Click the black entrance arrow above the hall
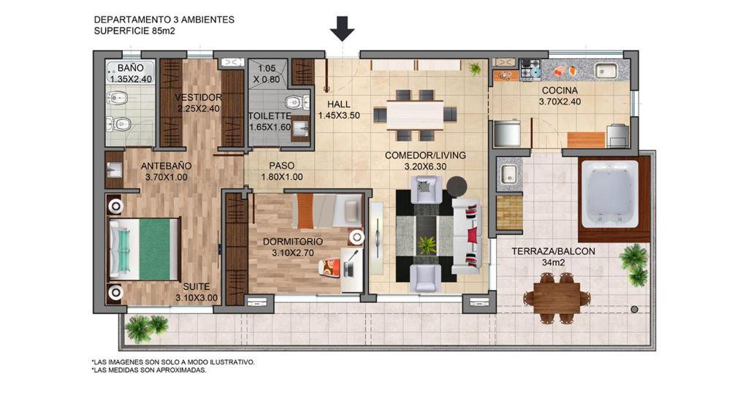pos(342,28)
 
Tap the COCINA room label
pos(560,90)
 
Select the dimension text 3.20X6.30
pos(425,167)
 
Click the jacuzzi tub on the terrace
pos(608,194)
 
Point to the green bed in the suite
pos(143,248)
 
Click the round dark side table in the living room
pos(457,186)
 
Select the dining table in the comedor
pos(415,115)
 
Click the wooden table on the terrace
pos(557,298)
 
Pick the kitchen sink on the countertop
pos(607,71)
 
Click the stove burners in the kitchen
pos(530,69)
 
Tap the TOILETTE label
pos(270,116)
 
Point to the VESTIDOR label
pos(198,97)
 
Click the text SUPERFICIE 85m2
pos(134,31)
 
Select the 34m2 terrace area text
pos(554,262)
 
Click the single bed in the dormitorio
pos(328,210)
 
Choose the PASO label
pos(281,166)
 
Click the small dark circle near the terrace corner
pos(634,310)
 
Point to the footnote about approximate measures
pos(149,370)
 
